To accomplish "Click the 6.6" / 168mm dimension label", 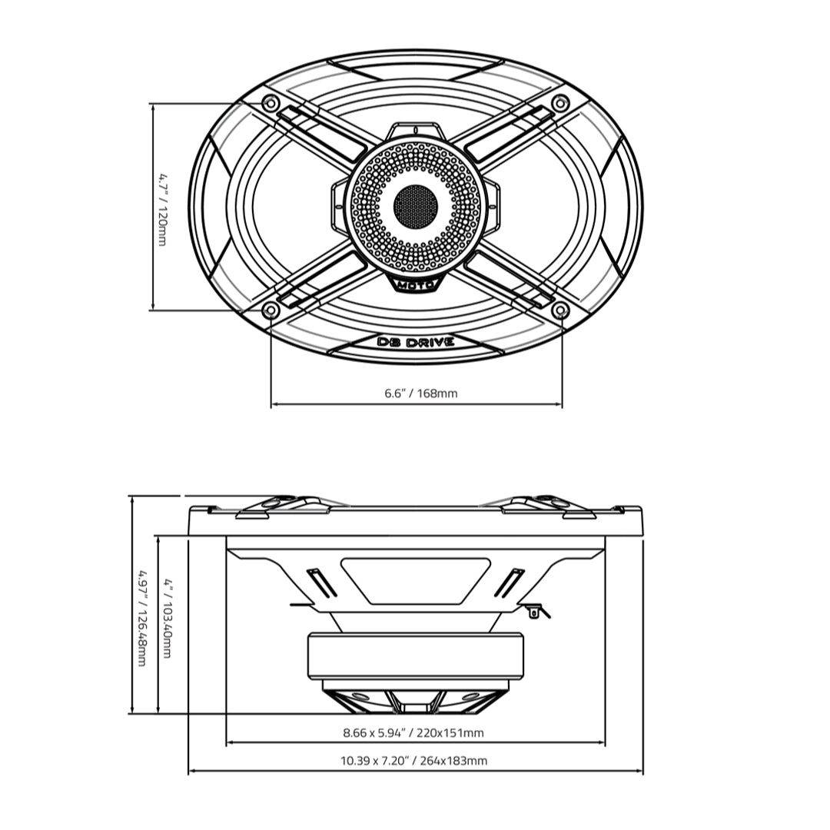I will pyautogui.click(x=420, y=393).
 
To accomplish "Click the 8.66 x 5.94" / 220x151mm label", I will pyautogui.click(x=413, y=733).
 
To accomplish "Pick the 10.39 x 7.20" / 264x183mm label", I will pyautogui.click(x=413, y=761).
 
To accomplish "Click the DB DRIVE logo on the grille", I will pyautogui.click(x=416, y=342).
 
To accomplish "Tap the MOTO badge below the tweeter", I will pyautogui.click(x=416, y=286).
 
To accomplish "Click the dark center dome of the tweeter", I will pyautogui.click(x=416, y=205).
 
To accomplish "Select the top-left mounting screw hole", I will pyautogui.click(x=270, y=103).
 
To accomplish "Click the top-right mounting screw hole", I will pyautogui.click(x=561, y=102).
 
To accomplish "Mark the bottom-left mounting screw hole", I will pyautogui.click(x=270, y=310).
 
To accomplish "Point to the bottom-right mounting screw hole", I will pyautogui.click(x=561, y=310).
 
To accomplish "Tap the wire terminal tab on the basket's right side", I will pyautogui.click(x=536, y=609).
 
